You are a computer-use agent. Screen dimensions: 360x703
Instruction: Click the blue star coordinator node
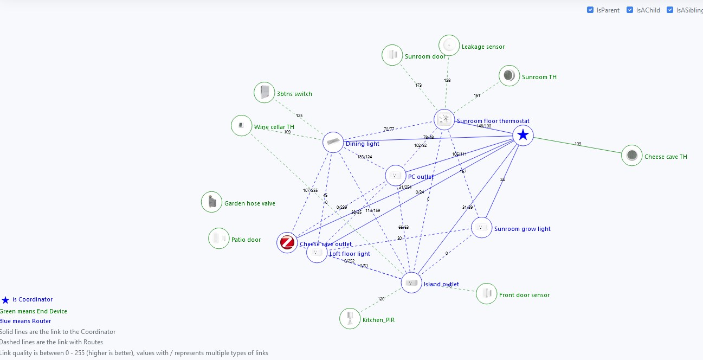pyautogui.click(x=523, y=135)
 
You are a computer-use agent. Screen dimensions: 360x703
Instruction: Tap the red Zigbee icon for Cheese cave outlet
pyautogui.click(x=287, y=242)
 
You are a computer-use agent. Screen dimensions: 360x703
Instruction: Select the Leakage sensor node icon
pyautogui.click(x=449, y=46)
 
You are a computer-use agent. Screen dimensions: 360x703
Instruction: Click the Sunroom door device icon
pyautogui.click(x=392, y=55)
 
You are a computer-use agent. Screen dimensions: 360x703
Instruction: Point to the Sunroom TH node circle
pyautogui.click(x=509, y=76)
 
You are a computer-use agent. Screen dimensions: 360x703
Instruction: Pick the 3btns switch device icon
pyautogui.click(x=265, y=92)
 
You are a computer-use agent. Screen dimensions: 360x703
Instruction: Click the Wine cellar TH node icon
pyautogui.click(x=241, y=126)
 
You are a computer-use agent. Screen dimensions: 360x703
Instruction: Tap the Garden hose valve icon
pyautogui.click(x=211, y=202)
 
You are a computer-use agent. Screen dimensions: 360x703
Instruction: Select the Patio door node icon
pyautogui.click(x=219, y=238)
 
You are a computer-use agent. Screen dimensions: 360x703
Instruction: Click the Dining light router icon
pyautogui.click(x=333, y=142)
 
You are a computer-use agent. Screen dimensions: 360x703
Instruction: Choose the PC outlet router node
pyautogui.click(x=396, y=176)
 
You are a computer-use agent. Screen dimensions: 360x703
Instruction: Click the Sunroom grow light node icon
pyautogui.click(x=481, y=227)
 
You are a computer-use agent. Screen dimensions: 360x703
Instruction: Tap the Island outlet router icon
pyautogui.click(x=411, y=282)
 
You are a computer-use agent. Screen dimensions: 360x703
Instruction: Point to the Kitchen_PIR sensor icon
pyautogui.click(x=350, y=318)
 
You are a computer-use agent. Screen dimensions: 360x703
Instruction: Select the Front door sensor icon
pyautogui.click(x=486, y=293)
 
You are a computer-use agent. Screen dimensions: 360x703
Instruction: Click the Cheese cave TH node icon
pyautogui.click(x=631, y=156)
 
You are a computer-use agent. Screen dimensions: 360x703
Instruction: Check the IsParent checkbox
pyautogui.click(x=590, y=10)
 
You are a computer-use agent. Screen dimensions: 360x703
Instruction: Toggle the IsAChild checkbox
pyautogui.click(x=630, y=10)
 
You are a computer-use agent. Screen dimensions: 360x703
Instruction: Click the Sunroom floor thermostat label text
pyautogui.click(x=493, y=121)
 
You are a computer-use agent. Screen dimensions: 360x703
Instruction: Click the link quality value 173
pyautogui.click(x=418, y=85)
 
